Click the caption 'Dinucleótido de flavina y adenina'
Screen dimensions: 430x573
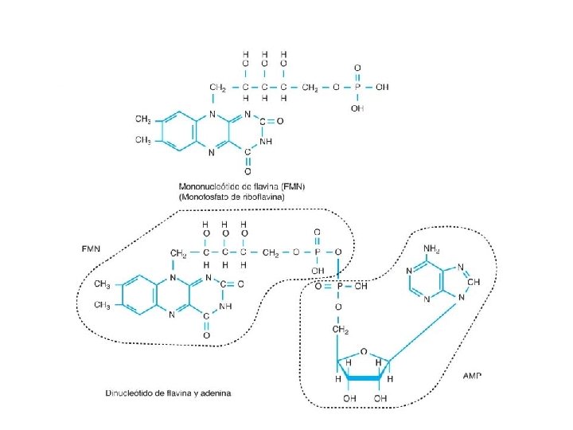[168, 393]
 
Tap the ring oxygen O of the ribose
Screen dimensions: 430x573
[363, 349]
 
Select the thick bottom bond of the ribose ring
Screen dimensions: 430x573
[363, 380]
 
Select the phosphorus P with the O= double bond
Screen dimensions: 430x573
[337, 286]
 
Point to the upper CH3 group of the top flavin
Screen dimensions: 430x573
[143, 119]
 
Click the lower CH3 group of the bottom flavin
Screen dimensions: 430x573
[102, 304]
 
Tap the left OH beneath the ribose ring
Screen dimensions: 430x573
[348, 397]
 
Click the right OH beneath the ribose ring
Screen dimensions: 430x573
[380, 397]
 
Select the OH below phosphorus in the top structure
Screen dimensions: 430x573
[357, 107]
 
